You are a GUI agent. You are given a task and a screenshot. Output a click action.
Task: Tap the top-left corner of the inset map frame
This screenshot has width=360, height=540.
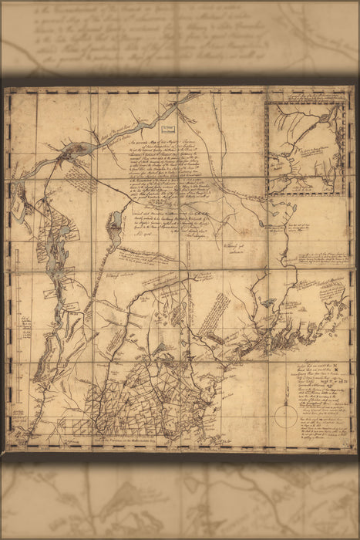coord(267,104)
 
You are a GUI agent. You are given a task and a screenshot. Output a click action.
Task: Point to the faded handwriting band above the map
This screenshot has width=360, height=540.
coord(180,39)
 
